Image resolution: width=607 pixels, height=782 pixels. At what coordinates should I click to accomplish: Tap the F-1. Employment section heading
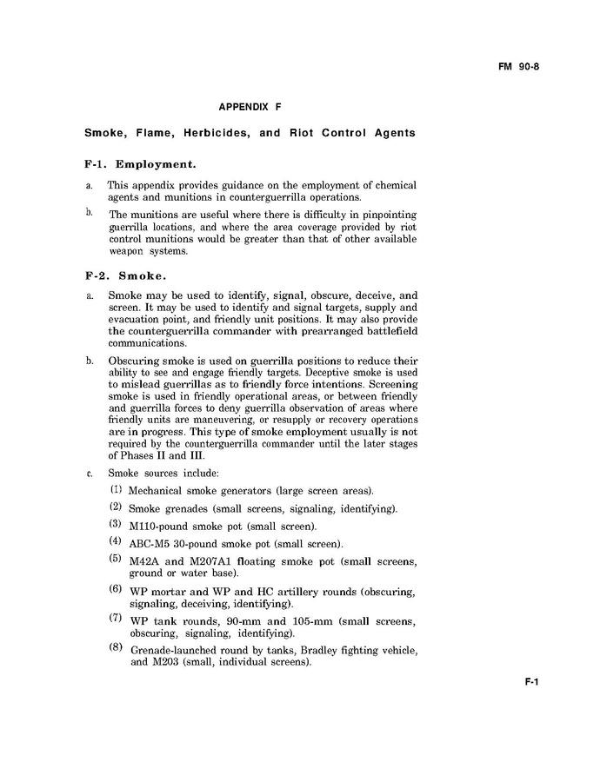pyautogui.click(x=140, y=163)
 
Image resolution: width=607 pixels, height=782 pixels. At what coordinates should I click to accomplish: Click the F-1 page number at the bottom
pyautogui.click(x=532, y=682)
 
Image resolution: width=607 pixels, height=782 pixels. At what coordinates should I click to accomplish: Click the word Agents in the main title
pyautogui.click(x=390, y=134)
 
